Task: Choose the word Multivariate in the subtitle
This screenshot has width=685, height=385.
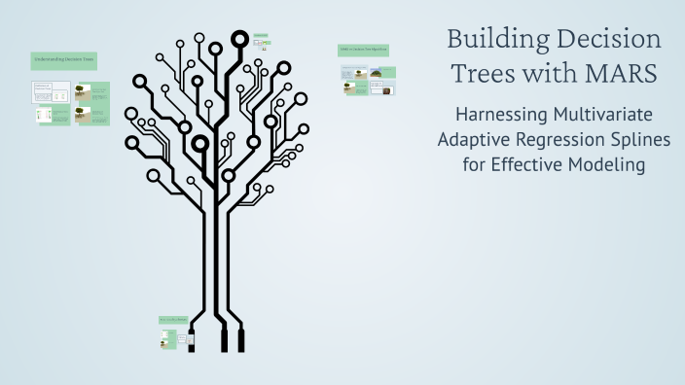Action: pos(613,114)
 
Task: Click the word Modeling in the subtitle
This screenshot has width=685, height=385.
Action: pos(605,164)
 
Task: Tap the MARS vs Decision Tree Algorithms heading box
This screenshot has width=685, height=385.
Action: pos(364,50)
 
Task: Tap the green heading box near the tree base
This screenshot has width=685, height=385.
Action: pos(172,320)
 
